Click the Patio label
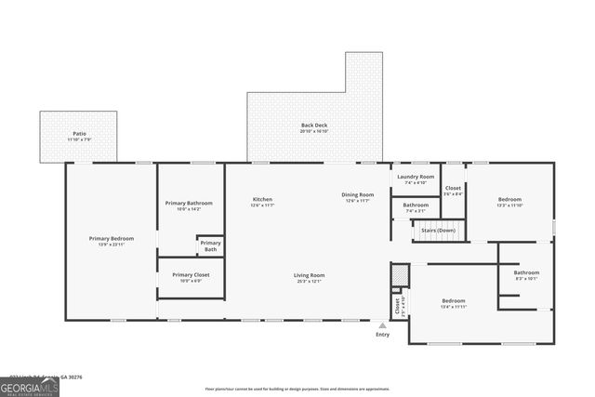point(79,134)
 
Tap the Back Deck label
point(313,126)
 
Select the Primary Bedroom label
point(112,239)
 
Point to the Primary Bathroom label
point(189,204)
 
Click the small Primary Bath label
point(210,245)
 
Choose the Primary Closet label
point(190,275)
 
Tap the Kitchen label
point(262,199)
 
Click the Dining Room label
point(359,195)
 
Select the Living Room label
point(309,275)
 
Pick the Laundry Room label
point(415,177)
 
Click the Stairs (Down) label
point(440,231)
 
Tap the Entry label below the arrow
point(382,335)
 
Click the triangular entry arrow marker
point(382,324)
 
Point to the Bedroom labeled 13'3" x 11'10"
point(509,199)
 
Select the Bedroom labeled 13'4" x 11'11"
point(453,301)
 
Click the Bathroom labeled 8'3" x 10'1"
point(526,273)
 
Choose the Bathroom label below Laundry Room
point(416,205)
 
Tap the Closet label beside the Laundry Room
point(453,189)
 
